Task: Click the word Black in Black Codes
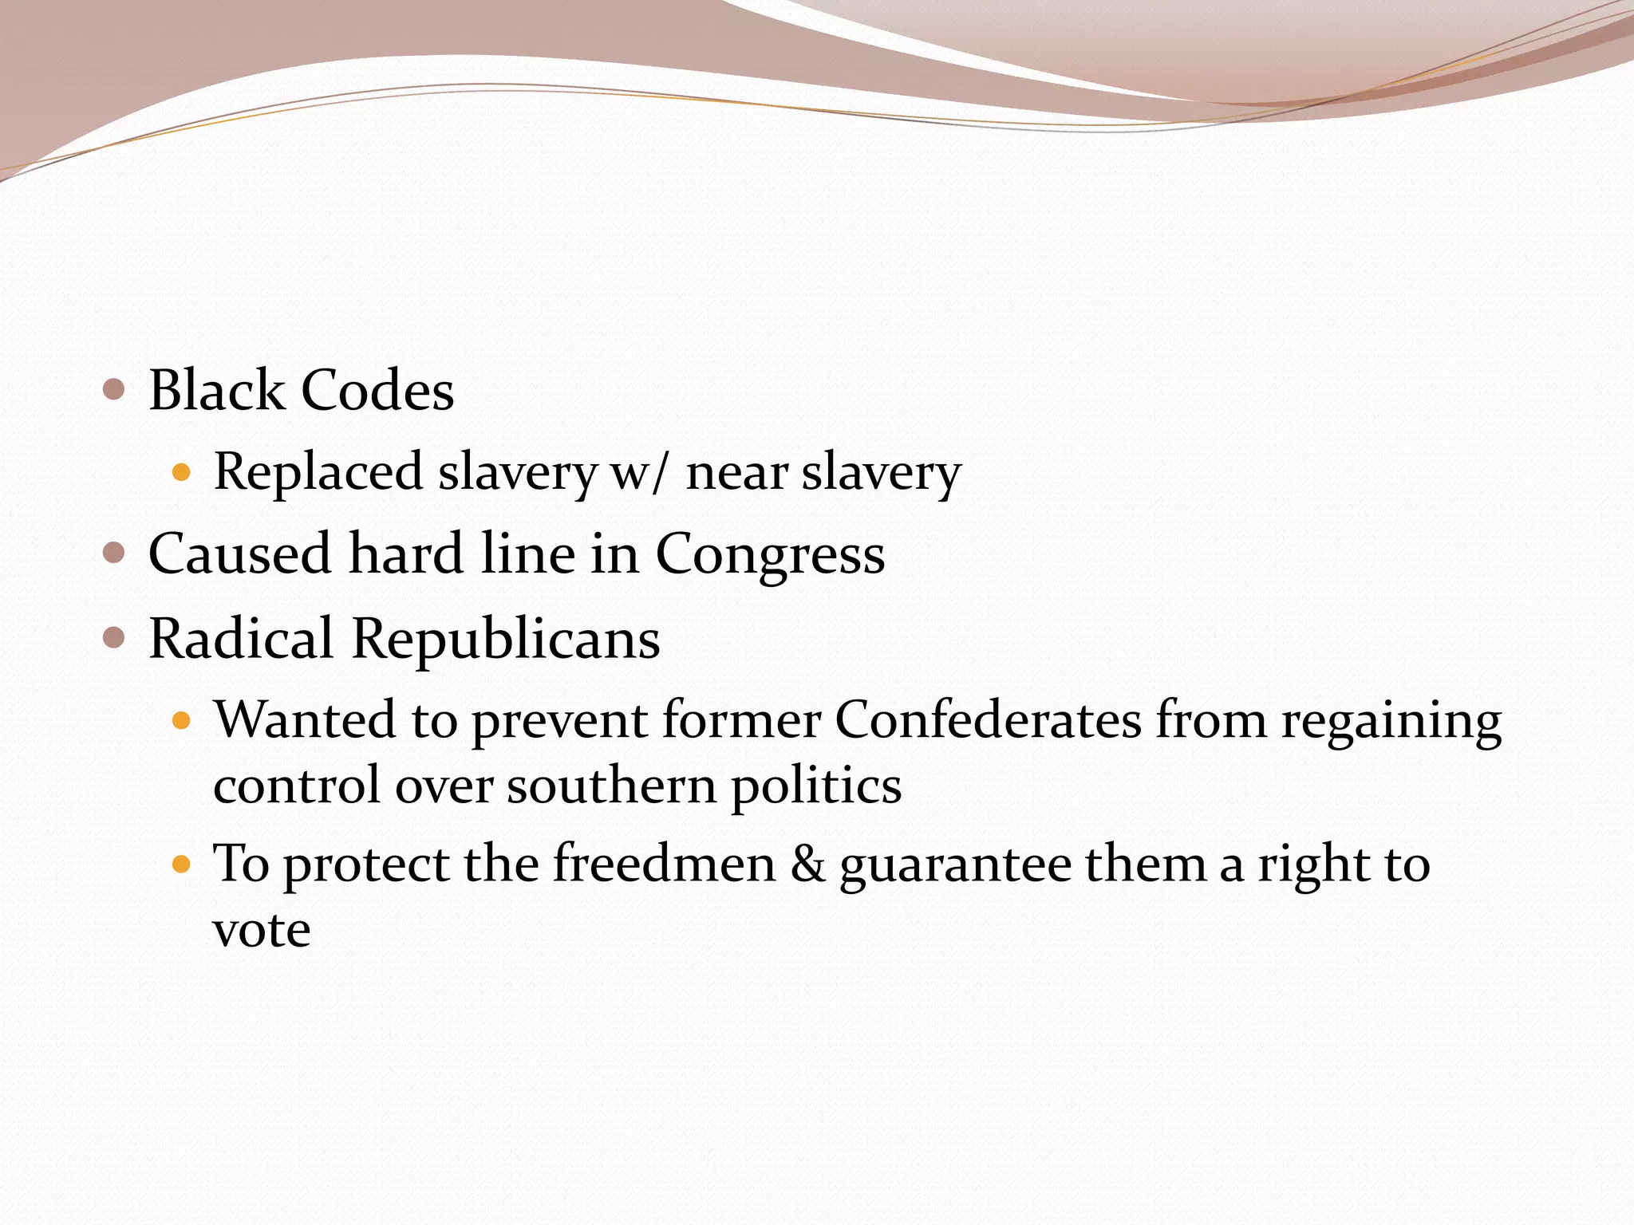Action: click(216, 391)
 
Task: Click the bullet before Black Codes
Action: click(115, 390)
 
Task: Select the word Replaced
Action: click(318, 472)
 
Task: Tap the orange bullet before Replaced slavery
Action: click(183, 473)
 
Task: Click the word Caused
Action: click(239, 553)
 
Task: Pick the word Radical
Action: click(241, 639)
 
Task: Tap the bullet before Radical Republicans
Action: click(115, 637)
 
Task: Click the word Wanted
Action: click(304, 719)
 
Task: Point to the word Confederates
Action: click(988, 719)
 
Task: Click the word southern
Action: click(612, 786)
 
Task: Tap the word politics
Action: click(816, 786)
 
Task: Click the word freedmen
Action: click(664, 864)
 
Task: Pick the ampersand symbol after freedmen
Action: click(807, 865)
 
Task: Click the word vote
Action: click(262, 931)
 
